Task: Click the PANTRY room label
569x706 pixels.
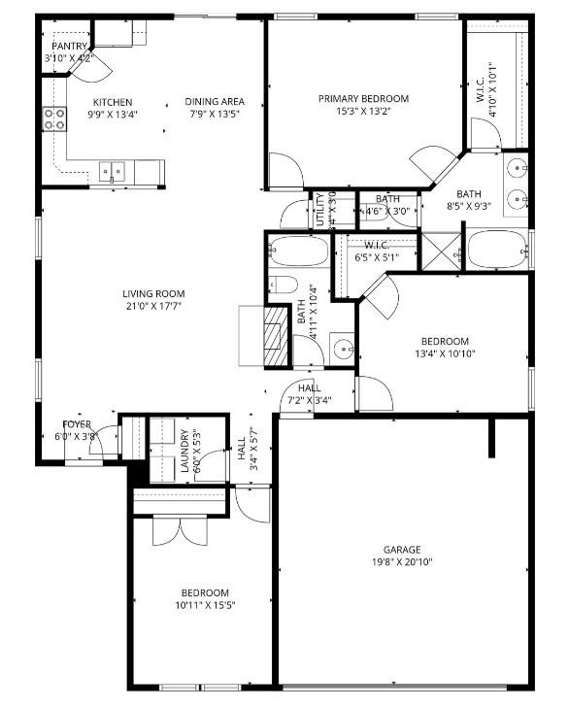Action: pyautogui.click(x=69, y=46)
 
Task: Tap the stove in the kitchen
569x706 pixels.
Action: pyautogui.click(x=54, y=118)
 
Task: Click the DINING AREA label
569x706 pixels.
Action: pyautogui.click(x=216, y=102)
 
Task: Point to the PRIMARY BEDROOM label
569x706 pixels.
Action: pyautogui.click(x=363, y=98)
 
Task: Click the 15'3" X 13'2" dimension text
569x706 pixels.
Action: pyautogui.click(x=363, y=111)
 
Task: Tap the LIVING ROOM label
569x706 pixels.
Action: pyautogui.click(x=153, y=294)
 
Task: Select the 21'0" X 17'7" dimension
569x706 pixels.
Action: pyautogui.click(x=153, y=306)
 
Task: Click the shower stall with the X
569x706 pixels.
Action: pyautogui.click(x=445, y=251)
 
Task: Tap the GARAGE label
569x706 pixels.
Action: pyautogui.click(x=401, y=549)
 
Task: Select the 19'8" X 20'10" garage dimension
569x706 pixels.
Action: pyautogui.click(x=401, y=562)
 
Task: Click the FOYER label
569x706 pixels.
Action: pyautogui.click(x=78, y=424)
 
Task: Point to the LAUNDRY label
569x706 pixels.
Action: pyautogui.click(x=184, y=452)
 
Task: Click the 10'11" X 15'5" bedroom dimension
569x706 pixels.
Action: pyautogui.click(x=205, y=605)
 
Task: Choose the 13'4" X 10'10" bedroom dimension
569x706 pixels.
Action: pyautogui.click(x=445, y=353)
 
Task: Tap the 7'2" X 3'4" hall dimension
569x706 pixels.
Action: pyautogui.click(x=310, y=400)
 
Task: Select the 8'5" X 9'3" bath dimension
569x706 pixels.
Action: pyautogui.click(x=469, y=206)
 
